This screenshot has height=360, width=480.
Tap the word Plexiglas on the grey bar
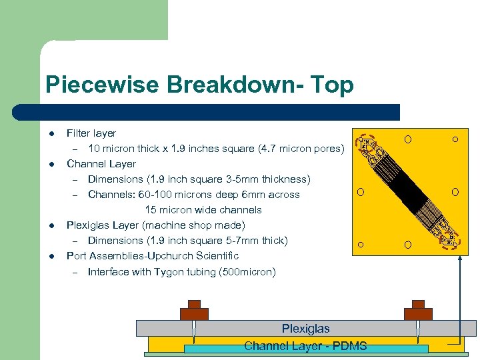pyautogui.click(x=305, y=328)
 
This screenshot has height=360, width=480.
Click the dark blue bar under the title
pyautogui.click(x=220, y=112)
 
